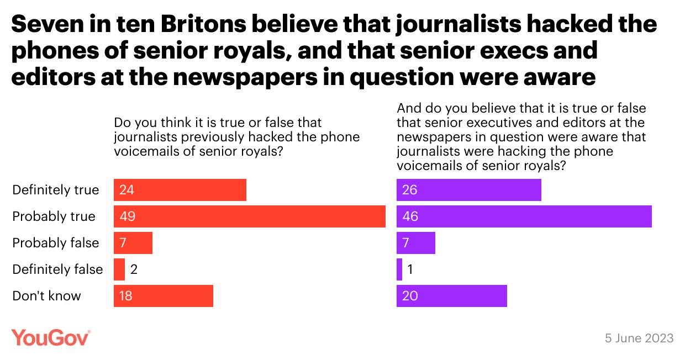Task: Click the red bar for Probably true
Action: (249, 216)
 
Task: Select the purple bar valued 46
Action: (524, 216)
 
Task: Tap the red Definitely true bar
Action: (180, 190)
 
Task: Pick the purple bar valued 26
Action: (468, 190)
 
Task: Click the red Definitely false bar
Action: (119, 269)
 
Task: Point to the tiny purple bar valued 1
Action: (399, 269)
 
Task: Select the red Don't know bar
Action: (163, 296)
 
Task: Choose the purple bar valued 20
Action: (451, 296)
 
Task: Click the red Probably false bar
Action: (133, 243)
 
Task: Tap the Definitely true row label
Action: (56, 190)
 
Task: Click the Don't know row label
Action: (47, 296)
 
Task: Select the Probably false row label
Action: (56, 243)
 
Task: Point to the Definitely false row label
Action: (57, 269)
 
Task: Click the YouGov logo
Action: (51, 337)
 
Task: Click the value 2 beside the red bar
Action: (134, 269)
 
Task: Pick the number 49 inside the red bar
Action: (127, 216)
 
